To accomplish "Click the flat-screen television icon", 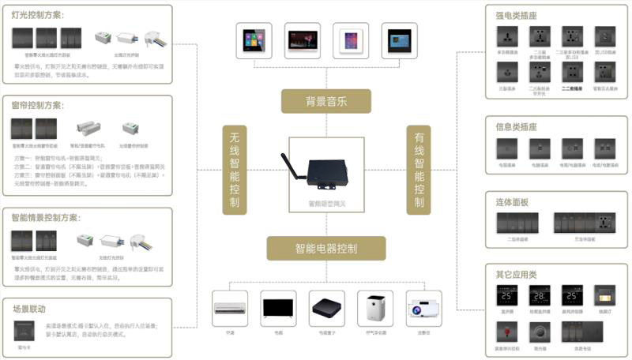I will pyautogui.click(x=277, y=306).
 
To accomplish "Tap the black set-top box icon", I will pyautogui.click(x=325, y=306).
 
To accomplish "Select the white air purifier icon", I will pyautogui.click(x=374, y=306).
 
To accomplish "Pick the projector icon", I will pyautogui.click(x=423, y=306).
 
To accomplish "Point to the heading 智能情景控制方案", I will pyautogui.click(x=47, y=217).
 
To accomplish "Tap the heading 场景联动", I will pyautogui.click(x=29, y=308).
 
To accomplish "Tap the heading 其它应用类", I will pyautogui.click(x=516, y=274).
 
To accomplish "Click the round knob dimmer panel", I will pyautogui.click(x=539, y=332).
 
